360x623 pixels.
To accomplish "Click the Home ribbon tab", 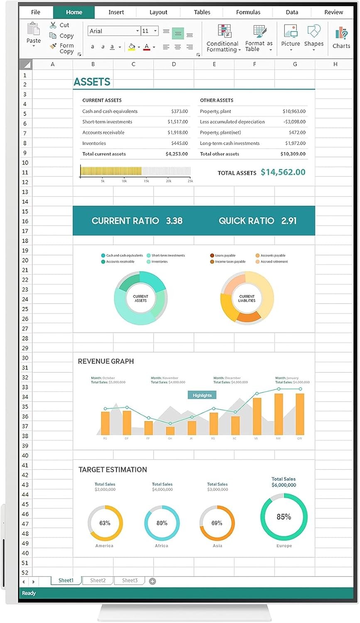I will (x=74, y=12).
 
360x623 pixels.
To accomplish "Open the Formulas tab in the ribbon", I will (x=248, y=12).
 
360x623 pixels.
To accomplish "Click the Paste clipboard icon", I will (x=33, y=30).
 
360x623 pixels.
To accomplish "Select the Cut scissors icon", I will (x=53, y=25).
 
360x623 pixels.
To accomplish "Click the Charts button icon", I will (x=341, y=33).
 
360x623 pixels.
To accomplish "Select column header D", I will (x=174, y=64).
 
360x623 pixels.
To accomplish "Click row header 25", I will (x=25, y=309).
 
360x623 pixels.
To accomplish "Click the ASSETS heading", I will (x=92, y=82).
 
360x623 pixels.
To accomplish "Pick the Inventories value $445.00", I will (x=179, y=143).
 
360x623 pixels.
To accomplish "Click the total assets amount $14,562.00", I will (x=283, y=172).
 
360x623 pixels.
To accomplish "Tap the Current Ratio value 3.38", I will (x=174, y=221).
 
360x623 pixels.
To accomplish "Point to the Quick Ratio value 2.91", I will (x=289, y=221).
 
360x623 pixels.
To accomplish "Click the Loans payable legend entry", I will (x=225, y=255).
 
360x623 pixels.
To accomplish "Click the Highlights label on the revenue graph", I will (x=202, y=395).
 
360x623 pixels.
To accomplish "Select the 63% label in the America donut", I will (x=105, y=523).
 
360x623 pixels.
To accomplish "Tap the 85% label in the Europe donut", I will (x=284, y=517).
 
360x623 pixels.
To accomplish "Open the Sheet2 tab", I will (x=98, y=580).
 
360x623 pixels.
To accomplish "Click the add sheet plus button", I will (x=152, y=581).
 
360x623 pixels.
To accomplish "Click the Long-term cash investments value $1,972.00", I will (x=295, y=143).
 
